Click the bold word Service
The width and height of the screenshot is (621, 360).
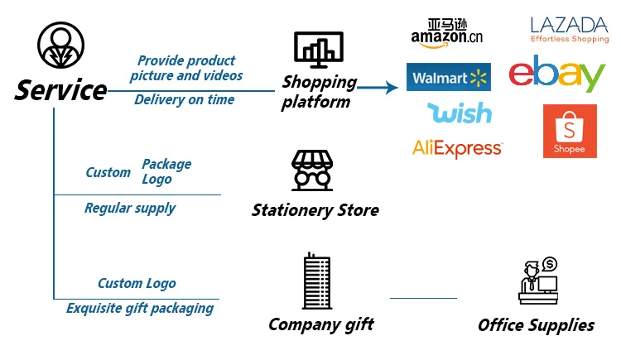pos(60,89)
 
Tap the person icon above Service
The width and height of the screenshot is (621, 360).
pos(60,44)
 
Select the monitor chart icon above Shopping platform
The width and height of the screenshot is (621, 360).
pos(318,50)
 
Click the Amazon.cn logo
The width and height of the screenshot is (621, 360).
pos(446,32)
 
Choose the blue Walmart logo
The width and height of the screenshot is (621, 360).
pos(449,78)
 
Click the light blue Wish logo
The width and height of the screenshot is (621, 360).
pos(459,113)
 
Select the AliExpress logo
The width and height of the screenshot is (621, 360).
pos(457,148)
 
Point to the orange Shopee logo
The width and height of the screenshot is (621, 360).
pos(570,131)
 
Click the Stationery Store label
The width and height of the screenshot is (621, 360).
pos(315,210)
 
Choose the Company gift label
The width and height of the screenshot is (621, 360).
pos(320,324)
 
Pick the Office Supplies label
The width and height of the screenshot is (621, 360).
pos(536,325)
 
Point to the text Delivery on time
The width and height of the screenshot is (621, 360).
pos(185,100)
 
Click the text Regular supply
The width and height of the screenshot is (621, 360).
pos(130,208)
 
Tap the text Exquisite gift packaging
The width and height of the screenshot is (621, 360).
pos(140,309)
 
